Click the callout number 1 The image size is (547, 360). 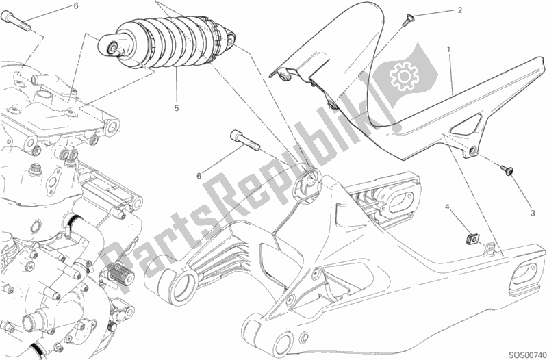point(448,50)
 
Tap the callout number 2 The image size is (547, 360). point(460,10)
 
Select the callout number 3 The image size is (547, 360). point(532,213)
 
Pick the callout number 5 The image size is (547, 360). point(177,108)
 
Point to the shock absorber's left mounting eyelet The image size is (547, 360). point(111,48)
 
